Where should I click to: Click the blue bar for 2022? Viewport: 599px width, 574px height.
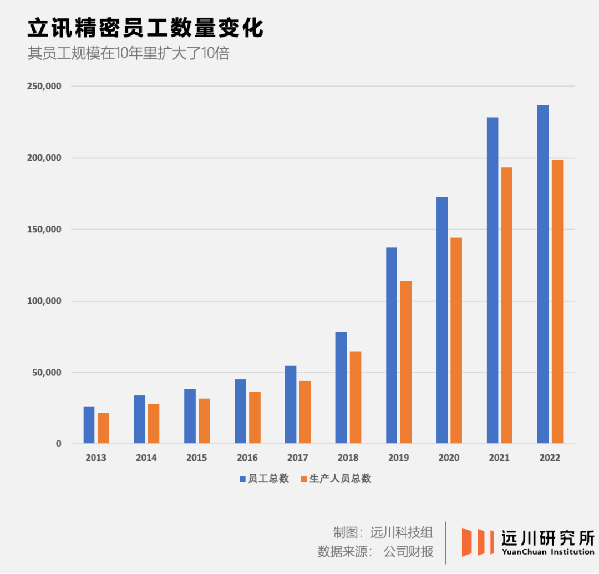tap(543, 274)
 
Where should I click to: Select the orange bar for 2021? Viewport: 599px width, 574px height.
tap(506, 306)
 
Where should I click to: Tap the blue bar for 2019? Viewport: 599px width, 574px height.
tap(392, 346)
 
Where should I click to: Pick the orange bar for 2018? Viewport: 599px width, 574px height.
tap(356, 397)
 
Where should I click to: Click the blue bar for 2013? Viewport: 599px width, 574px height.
tap(89, 425)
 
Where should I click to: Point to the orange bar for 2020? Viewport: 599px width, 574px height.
tap(456, 341)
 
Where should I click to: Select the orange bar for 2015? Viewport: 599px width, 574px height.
tap(204, 421)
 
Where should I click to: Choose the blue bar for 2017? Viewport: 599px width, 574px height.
tap(291, 404)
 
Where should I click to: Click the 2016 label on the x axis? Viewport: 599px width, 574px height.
tap(247, 458)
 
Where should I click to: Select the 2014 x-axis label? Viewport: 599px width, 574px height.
tap(146, 458)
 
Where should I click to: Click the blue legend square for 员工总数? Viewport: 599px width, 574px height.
tap(242, 479)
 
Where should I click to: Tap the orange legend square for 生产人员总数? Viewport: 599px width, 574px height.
tap(303, 479)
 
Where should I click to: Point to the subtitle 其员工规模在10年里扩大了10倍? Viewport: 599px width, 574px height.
tap(128, 54)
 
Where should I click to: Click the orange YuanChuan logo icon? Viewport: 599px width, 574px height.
tap(478, 542)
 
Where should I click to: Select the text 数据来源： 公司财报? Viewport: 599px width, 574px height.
tap(375, 552)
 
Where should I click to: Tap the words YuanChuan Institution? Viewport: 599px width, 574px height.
tap(547, 552)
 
